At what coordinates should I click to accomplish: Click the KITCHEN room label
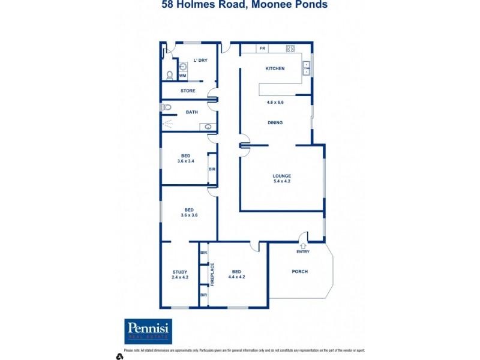click(275, 68)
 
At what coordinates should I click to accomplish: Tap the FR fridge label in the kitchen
click(262, 48)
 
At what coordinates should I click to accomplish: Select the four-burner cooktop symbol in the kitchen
click(290, 49)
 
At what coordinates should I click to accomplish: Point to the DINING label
click(275, 122)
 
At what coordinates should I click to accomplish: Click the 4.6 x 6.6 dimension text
click(275, 102)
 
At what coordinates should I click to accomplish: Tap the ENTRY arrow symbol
click(303, 245)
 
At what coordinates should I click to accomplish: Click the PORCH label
click(299, 271)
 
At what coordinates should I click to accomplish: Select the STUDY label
click(180, 272)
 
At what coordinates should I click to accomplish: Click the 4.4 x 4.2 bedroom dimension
click(237, 277)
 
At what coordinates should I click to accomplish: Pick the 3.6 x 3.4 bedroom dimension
click(186, 161)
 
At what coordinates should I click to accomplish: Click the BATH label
click(192, 112)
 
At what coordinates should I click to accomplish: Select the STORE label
click(188, 91)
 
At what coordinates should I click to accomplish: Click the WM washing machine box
click(182, 75)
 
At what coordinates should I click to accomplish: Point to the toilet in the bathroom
click(167, 107)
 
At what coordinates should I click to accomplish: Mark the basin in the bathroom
click(208, 127)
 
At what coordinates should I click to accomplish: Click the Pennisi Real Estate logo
click(148, 331)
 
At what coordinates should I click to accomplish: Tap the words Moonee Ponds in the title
click(292, 5)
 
